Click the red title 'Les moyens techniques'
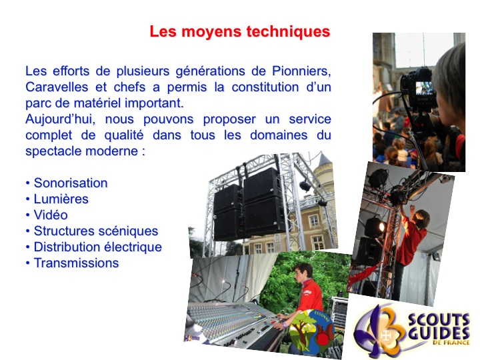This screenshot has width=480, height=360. point(240,31)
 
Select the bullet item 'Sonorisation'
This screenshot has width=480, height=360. point(71,183)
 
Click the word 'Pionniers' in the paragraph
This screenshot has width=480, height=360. point(301,71)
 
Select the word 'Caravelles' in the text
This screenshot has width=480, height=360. point(57,87)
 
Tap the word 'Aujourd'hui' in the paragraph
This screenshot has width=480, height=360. point(60,119)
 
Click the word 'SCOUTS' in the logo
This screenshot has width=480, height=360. point(439,321)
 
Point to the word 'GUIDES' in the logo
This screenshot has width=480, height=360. point(439,333)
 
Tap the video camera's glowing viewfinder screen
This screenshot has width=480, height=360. point(424,87)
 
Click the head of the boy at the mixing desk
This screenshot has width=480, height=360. point(303,273)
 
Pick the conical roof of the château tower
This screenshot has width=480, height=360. point(323,160)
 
